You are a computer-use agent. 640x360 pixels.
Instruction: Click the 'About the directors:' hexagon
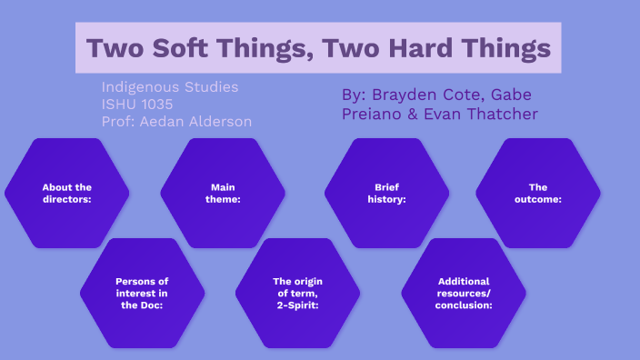coord(67,193)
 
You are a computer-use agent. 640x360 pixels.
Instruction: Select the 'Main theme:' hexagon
coord(223,193)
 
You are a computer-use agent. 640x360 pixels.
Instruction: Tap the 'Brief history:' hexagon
coord(386,193)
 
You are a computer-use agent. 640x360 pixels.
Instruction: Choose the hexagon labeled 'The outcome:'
coord(538,193)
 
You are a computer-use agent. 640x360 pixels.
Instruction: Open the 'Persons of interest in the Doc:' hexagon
coord(143,293)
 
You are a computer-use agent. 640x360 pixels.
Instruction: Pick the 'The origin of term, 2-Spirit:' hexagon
coord(297,293)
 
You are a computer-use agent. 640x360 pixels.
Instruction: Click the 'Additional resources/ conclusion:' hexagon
coord(464,293)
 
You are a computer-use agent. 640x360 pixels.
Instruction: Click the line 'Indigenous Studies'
coord(170,87)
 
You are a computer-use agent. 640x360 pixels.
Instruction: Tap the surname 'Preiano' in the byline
coord(372,114)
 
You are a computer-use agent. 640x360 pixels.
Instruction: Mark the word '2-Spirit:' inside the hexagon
coord(297,305)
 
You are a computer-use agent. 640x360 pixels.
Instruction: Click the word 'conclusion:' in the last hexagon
coord(464,305)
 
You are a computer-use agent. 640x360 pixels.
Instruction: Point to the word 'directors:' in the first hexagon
coord(67,199)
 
